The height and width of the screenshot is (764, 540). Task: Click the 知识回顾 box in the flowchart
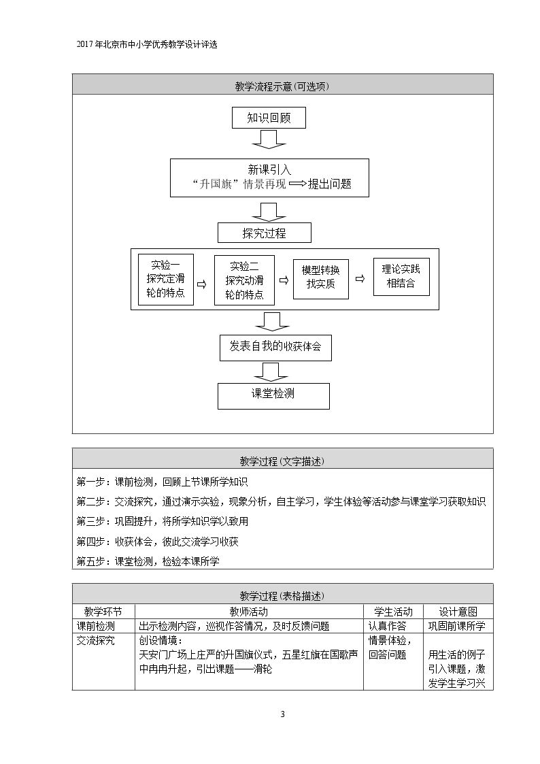[269, 118]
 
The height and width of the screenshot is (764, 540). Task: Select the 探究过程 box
[265, 233]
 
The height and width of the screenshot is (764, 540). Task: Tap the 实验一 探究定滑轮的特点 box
[165, 280]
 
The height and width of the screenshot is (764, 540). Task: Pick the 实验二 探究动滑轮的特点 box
[244, 280]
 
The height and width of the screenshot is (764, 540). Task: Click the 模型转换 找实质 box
[321, 279]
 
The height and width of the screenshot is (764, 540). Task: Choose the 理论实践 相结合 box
[401, 277]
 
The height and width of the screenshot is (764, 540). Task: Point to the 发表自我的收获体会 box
[275, 348]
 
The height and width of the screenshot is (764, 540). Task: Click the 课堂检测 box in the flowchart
[273, 396]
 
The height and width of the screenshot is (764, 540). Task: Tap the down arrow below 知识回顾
[269, 138]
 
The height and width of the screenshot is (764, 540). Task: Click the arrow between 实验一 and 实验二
[201, 284]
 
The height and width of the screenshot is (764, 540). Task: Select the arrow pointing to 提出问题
[297, 184]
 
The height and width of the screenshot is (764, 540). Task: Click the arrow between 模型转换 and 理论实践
[360, 279]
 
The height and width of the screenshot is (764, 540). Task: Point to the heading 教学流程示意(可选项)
[282, 86]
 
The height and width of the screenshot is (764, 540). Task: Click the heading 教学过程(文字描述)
[282, 461]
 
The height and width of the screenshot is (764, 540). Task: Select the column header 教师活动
[249, 612]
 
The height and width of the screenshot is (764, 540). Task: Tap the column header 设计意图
[458, 612]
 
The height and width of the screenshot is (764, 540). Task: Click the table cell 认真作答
[387, 626]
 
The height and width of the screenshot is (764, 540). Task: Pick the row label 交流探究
[95, 640]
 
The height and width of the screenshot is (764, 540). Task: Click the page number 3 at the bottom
[282, 714]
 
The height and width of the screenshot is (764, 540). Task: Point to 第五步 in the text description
[90, 561]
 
